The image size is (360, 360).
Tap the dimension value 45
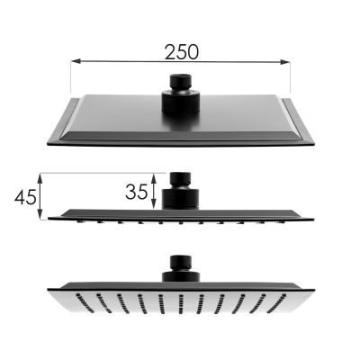pos(26,195)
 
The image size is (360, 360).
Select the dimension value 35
pos(137,191)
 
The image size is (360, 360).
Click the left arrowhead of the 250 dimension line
pos(74,62)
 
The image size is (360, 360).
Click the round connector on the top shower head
pos(180,94)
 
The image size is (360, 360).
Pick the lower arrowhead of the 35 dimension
pos(155,205)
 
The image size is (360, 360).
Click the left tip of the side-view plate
pos(50,217)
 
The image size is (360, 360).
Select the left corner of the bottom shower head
pos(49,287)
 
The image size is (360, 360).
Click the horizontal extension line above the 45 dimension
pos(99,174)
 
